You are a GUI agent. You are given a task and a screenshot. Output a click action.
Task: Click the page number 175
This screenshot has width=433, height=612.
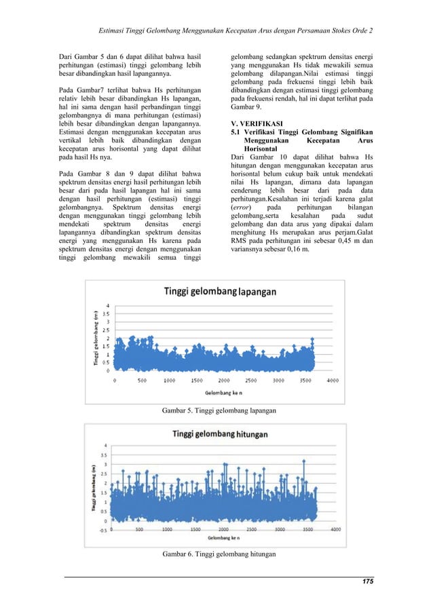pyautogui.click(x=366, y=583)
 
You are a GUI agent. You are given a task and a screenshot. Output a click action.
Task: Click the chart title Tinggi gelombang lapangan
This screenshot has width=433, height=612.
pyautogui.click(x=221, y=292)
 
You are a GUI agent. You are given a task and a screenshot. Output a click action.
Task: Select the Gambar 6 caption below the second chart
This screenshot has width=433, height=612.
pyautogui.click(x=219, y=554)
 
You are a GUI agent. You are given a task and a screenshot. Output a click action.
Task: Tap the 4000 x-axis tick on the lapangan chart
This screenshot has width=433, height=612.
pyautogui.click(x=333, y=381)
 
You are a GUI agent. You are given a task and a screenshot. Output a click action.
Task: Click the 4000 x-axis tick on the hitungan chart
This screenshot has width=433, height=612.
pyautogui.click(x=335, y=529)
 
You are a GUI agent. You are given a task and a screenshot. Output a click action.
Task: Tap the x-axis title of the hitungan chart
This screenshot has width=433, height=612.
pyautogui.click(x=223, y=537)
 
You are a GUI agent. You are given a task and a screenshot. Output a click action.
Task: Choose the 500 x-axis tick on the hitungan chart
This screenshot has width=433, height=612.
pyautogui.click(x=138, y=529)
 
